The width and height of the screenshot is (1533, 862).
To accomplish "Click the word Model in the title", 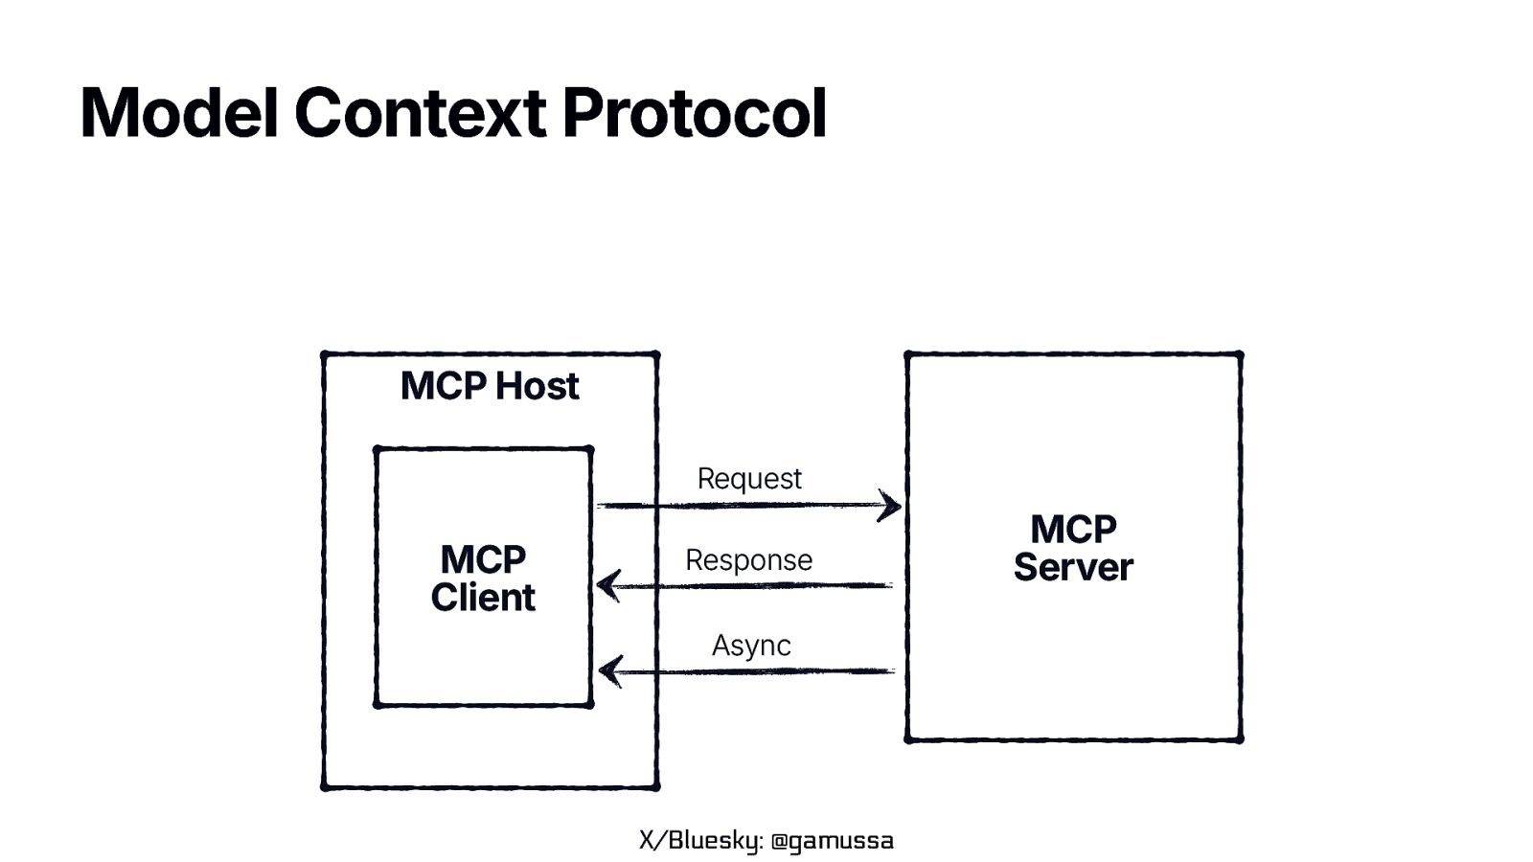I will [178, 113].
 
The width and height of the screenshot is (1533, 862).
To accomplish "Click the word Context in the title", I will [420, 113].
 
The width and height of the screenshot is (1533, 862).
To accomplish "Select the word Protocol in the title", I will [694, 113].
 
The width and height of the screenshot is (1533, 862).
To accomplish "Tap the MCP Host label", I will [490, 386].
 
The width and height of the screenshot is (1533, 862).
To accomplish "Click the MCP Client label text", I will [483, 578].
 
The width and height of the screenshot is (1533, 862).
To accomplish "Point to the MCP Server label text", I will [1073, 548].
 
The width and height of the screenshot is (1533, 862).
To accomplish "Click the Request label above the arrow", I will [749, 478].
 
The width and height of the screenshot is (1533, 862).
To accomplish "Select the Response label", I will [749, 559].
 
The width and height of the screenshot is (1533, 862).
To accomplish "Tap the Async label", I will [751, 646].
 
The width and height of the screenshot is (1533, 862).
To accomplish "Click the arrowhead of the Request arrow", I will [891, 506].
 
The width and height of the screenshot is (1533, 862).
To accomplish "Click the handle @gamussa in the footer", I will [832, 841].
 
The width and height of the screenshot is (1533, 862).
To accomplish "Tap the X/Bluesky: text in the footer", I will [701, 841].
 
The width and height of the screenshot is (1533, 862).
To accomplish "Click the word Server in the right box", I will [1073, 567].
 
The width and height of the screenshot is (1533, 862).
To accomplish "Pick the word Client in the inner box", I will [483, 598].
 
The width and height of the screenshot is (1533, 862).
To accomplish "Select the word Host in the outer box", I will [538, 386].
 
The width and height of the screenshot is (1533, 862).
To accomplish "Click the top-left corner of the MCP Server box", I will [907, 354].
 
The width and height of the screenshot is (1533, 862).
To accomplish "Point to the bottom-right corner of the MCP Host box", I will [656, 786].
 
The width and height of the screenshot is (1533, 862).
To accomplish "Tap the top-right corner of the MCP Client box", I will [590, 448].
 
